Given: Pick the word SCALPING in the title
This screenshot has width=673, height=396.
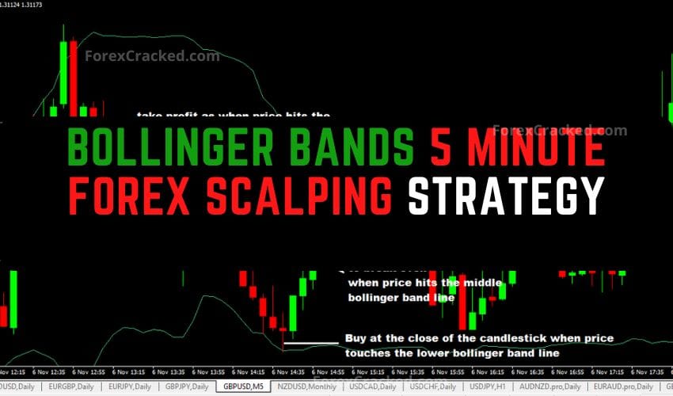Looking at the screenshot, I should (x=317, y=193).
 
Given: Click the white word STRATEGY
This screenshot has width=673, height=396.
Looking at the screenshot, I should (x=505, y=193).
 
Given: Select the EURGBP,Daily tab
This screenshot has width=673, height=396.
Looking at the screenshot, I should (x=74, y=386).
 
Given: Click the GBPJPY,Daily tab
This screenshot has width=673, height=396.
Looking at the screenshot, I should (x=186, y=386).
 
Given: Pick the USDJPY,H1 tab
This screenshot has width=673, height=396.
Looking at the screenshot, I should (x=485, y=386).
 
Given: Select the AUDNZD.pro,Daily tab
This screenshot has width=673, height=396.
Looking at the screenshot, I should (x=543, y=386).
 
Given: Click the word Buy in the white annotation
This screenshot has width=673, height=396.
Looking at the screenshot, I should (x=354, y=339).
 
